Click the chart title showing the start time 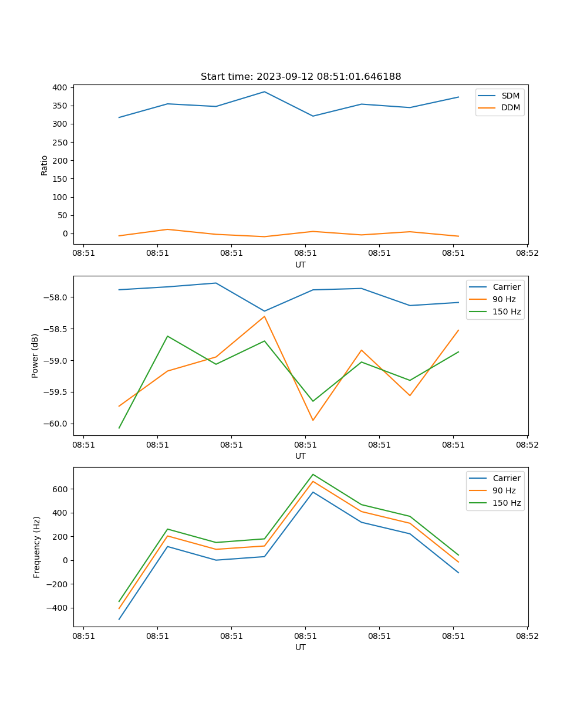(301, 77)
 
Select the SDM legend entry (510, 96)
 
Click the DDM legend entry (510, 107)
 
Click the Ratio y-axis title (45, 165)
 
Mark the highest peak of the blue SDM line (264, 92)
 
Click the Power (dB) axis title (35, 356)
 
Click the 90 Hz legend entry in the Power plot (504, 299)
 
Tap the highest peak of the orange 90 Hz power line (264, 316)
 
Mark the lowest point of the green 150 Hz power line (119, 428)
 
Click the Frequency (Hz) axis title (37, 547)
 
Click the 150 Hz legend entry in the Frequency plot (507, 503)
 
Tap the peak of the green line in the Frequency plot (313, 474)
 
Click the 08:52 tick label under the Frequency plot (527, 636)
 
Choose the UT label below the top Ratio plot (301, 265)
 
